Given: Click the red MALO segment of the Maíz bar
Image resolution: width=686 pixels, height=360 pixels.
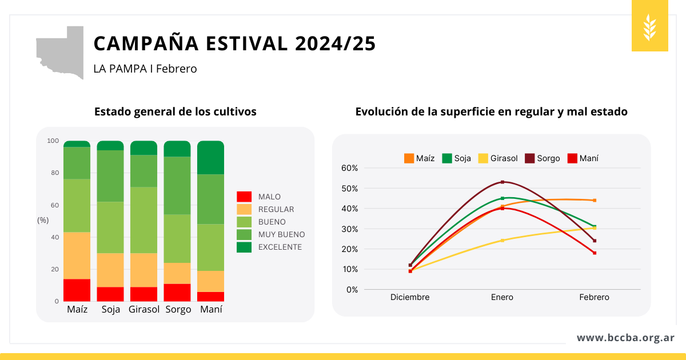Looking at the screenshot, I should [x=77, y=290].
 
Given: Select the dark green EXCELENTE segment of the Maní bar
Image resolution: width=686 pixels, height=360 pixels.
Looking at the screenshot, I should [x=210, y=157].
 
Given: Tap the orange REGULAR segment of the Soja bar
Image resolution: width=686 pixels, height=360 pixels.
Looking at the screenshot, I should [x=110, y=270].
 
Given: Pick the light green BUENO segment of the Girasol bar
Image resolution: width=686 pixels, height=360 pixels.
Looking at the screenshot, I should [x=143, y=220].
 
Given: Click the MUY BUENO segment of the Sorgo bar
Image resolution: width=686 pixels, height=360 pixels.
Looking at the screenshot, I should [x=177, y=185].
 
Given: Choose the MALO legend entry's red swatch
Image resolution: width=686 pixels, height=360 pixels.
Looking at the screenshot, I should [x=244, y=197].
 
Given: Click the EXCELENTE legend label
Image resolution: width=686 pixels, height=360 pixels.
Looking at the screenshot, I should [x=280, y=247].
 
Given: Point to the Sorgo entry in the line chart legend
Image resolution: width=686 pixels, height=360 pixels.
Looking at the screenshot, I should [x=543, y=158].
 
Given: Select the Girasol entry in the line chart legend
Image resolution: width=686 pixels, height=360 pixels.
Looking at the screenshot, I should [x=498, y=158].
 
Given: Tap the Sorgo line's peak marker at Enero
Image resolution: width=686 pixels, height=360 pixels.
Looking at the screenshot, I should [x=502, y=182].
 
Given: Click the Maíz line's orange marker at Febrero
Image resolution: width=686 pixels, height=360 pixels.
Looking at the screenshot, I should [x=595, y=200].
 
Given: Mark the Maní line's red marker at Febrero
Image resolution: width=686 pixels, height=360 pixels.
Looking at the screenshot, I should [x=595, y=253].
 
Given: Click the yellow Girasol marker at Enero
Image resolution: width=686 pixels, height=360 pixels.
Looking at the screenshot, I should [x=502, y=240].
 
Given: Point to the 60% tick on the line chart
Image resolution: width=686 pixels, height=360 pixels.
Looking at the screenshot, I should [x=349, y=168].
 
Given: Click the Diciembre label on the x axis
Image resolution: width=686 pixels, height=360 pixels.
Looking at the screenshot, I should [x=410, y=297].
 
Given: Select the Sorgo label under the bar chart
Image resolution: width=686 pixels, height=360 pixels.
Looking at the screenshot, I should [x=178, y=310].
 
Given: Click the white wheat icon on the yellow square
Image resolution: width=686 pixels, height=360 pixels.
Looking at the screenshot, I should [x=650, y=26].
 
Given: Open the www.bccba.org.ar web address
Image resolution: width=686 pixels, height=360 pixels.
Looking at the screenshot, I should [x=625, y=338].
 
